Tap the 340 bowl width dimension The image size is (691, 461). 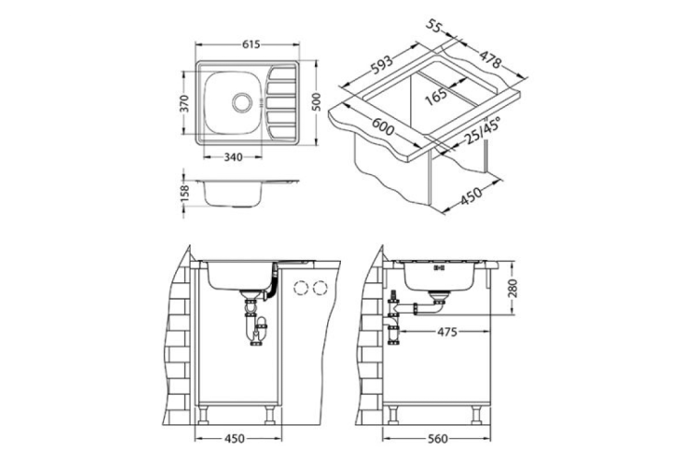tap(233, 156)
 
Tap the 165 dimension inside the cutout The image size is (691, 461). tap(436, 93)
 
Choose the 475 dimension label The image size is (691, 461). tap(449, 329)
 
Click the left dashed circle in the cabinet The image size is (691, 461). tap(301, 288)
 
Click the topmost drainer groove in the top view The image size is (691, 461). tap(280, 75)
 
